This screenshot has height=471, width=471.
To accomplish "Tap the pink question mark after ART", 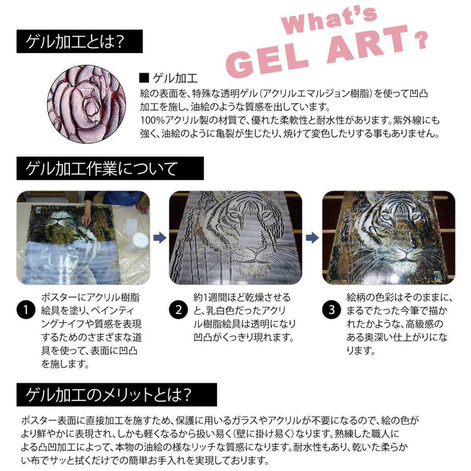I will pyautogui.click(x=422, y=37).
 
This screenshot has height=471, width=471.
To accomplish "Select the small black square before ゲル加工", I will pyautogui.click(x=143, y=77).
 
